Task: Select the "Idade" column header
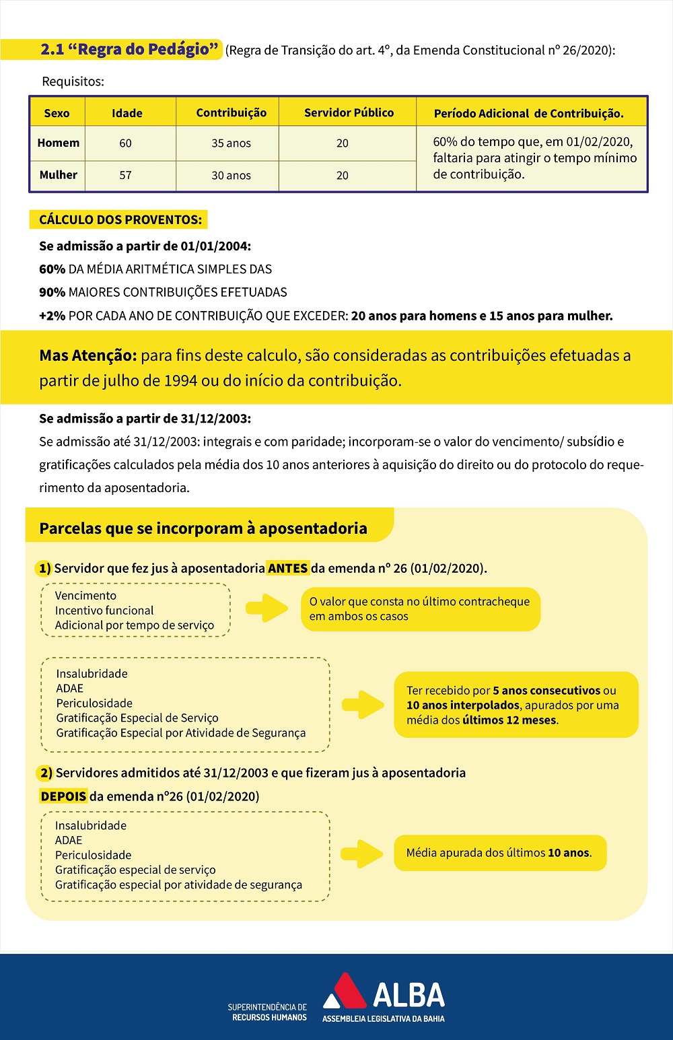[127, 113]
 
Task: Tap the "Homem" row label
[59, 143]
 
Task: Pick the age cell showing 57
[125, 175]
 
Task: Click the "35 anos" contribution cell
[231, 143]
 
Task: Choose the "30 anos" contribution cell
[231, 175]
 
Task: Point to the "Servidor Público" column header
[349, 112]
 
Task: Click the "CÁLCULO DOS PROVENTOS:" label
[120, 219]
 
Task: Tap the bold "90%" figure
[52, 292]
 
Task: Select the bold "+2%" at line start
[52, 316]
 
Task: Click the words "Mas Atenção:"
[88, 355]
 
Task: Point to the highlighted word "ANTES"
[287, 568]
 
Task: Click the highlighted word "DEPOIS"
[63, 796]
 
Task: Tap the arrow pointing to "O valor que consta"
[267, 608]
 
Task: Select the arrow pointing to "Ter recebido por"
[363, 705]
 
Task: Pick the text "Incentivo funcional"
[104, 611]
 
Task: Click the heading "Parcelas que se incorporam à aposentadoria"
[203, 528]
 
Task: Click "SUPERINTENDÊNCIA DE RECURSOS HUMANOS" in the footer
[267, 1012]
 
